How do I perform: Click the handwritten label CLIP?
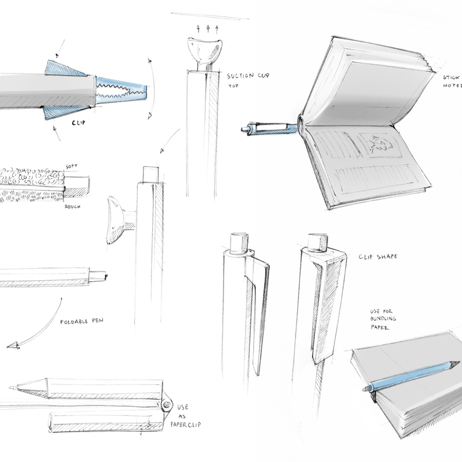(x=78, y=123)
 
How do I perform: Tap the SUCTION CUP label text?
(x=248, y=76)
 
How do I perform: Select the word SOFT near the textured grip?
(x=72, y=166)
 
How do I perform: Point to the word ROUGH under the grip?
(x=73, y=207)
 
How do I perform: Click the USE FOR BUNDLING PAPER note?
(x=383, y=319)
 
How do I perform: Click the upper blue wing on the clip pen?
(x=64, y=68)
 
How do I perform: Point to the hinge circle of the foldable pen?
(x=166, y=404)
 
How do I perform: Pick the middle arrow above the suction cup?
(x=208, y=29)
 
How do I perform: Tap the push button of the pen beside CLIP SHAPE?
(x=317, y=241)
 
